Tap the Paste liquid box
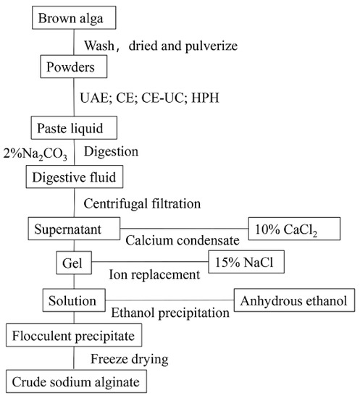[73, 129]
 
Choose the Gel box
[73, 261]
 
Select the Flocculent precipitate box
[72, 335]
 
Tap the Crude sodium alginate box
[73, 379]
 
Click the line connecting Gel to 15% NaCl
[152, 261]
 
